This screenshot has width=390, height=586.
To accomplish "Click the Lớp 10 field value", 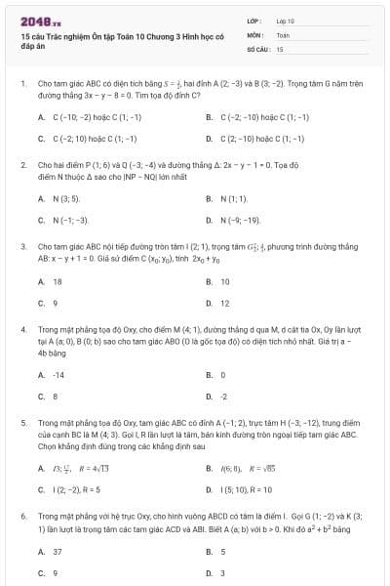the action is coord(285,20).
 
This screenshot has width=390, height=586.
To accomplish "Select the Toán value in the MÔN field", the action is coord(283,33).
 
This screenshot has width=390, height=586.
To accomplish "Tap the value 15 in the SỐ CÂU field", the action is coord(280,48).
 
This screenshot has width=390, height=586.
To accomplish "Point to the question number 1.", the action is coord(22,84).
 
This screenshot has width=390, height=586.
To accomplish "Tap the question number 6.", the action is coord(22,514).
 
